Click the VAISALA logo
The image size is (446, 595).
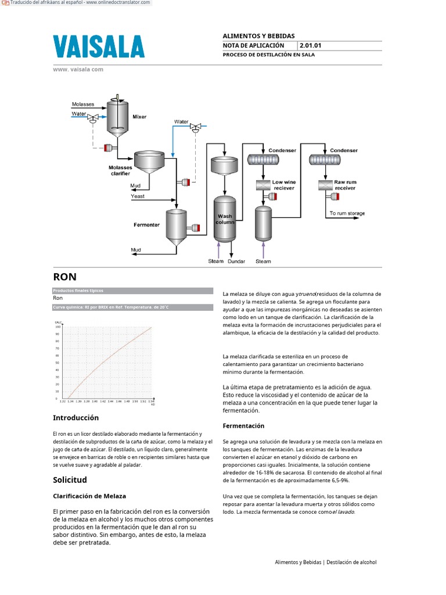tap(99, 46)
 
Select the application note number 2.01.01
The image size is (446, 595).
tap(311, 45)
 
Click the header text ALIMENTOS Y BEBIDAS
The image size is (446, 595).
tap(258, 36)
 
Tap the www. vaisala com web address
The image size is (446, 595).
tap(78, 69)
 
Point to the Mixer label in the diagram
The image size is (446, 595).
tap(139, 117)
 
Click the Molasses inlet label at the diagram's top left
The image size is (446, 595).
tap(83, 105)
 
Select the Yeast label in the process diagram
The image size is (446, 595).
tap(138, 196)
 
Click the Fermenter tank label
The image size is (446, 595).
tap(146, 225)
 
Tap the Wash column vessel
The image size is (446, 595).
tap(225, 220)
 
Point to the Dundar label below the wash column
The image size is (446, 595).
tap(236, 261)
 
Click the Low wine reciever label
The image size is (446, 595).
tap(283, 185)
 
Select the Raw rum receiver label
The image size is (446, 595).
tap(345, 185)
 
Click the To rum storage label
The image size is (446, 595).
tap(347, 213)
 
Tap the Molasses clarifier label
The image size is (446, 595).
tap(120, 170)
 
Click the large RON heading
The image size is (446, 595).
tap(64, 277)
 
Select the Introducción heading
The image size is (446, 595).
tap(75, 418)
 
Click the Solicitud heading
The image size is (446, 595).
tap(70, 480)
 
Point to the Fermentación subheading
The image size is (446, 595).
tap(243, 426)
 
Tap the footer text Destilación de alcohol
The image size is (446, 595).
tap(351, 562)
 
